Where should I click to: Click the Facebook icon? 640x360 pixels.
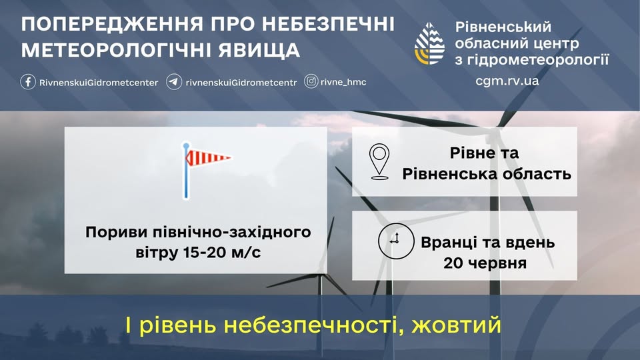28,81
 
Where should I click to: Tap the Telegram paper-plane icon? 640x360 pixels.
174,81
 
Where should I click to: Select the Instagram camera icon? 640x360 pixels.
311,81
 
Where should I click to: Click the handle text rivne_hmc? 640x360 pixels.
343,82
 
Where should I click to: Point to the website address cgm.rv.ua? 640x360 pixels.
507,81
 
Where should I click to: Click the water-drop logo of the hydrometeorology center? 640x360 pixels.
429,44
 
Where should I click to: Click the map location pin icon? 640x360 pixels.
379,161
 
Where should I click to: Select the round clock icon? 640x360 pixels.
395,241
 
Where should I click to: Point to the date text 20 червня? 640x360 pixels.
485,263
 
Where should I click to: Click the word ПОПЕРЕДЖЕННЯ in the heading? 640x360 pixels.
112,24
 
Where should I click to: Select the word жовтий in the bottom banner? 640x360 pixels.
456,325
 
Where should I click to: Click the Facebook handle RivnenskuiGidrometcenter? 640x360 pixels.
99,83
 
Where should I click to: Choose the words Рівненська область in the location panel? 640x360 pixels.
487,174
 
